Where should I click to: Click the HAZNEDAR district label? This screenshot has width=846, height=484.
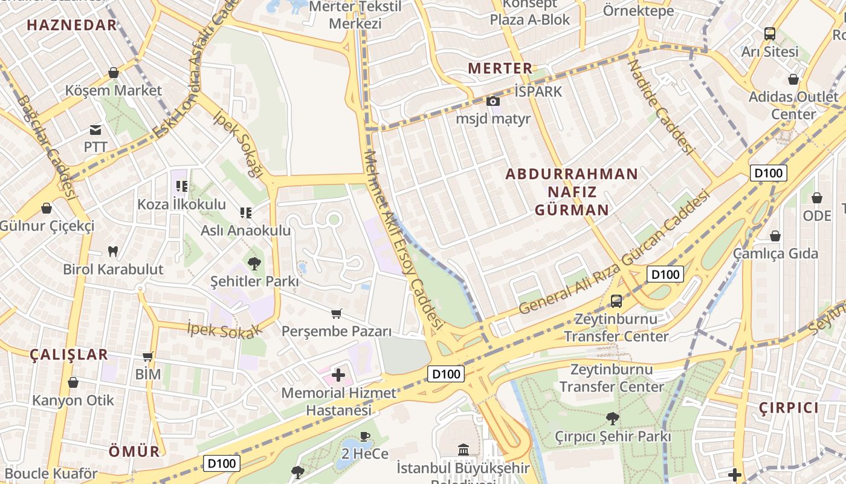coord(72,25)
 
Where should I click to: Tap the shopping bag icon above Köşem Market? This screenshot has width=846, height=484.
coord(113,73)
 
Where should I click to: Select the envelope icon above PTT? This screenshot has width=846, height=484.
coord(95,129)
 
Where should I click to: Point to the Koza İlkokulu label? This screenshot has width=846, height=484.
coord(181,204)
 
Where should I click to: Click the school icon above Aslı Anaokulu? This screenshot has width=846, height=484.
coord(245,212)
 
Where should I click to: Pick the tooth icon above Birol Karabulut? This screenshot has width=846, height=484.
coord(113,251)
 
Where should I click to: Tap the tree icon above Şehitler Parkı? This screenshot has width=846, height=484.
coord(254,263)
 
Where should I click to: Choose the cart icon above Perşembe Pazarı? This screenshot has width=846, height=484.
coord(337,313)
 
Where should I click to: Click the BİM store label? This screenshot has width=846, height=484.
coord(148,374)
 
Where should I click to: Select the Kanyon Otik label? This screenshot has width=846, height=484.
coord(73,400)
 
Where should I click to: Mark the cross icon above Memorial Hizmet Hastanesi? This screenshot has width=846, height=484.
coord(338,375)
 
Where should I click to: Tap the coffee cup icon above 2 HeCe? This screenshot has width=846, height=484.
coord(364,436)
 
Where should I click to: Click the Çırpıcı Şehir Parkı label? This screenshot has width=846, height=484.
coord(613,436)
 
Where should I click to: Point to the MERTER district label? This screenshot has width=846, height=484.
coord(500,68)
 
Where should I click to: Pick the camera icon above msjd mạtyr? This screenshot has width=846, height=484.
coord(493,101)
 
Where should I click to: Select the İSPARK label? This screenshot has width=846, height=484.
coord(538,91)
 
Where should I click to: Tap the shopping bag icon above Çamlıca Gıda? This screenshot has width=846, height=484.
coord(775,236)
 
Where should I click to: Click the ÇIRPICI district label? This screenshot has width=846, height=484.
coord(789,407)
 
